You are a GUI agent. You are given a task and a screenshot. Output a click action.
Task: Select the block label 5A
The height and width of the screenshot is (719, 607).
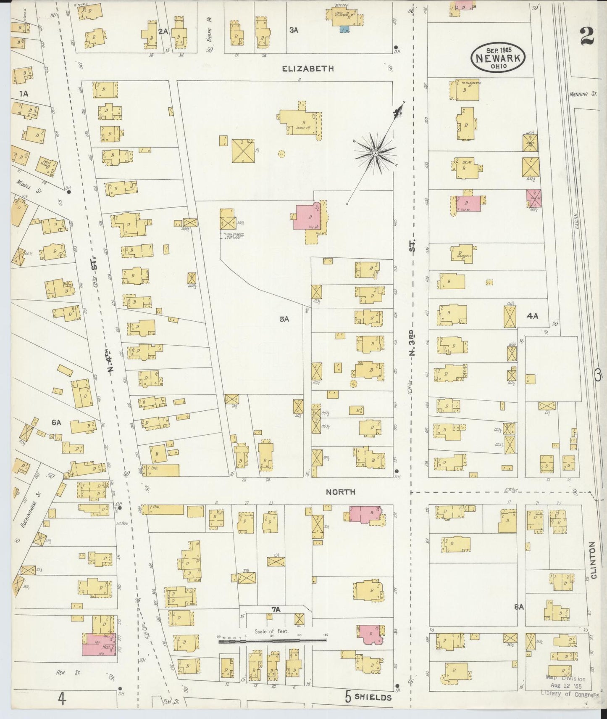tap(284, 319)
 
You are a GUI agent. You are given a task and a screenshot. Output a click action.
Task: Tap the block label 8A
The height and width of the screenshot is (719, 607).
tap(519, 606)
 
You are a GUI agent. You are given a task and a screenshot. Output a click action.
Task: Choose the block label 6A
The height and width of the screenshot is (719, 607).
tap(56, 423)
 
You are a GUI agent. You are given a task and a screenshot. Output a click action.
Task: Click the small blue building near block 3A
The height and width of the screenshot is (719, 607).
tap(344, 29)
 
